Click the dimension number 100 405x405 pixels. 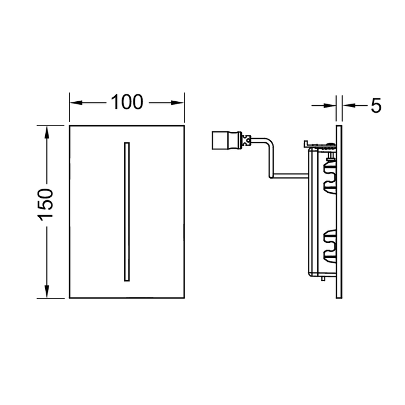(x=127, y=102)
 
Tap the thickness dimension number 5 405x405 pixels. (x=375, y=105)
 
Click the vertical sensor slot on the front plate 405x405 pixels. (x=127, y=211)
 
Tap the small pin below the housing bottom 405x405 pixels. (x=322, y=280)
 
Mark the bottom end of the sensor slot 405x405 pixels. (x=127, y=280)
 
